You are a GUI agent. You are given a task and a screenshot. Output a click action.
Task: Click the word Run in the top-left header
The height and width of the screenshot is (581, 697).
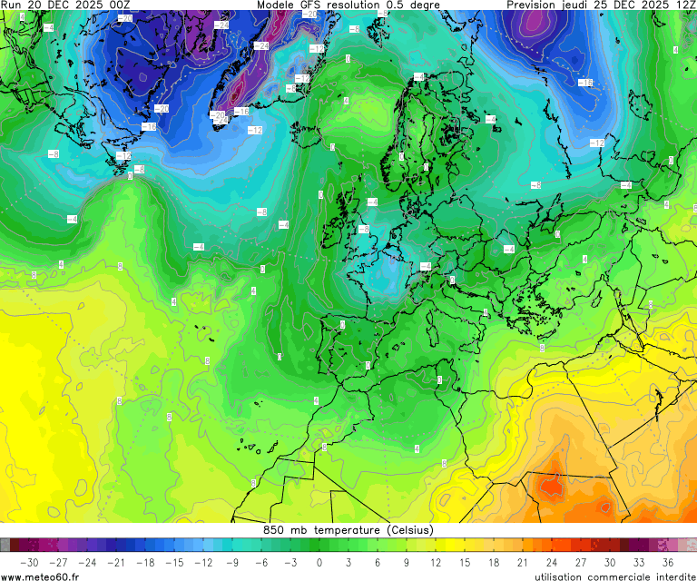tap(13, 5)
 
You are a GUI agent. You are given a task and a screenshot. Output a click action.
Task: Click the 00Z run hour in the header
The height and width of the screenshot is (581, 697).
tap(119, 5)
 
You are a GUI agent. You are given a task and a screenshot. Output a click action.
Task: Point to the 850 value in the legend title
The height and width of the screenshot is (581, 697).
tap(273, 530)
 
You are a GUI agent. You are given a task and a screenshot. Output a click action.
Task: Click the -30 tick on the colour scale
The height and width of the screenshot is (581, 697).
tap(29, 563)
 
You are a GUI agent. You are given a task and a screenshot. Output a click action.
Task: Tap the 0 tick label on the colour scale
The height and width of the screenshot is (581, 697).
tap(319, 563)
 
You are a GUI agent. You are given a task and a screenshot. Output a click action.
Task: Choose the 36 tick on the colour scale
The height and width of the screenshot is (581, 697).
tap(668, 563)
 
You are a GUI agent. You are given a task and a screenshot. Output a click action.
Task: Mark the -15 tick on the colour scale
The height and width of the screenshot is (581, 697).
tap(174, 563)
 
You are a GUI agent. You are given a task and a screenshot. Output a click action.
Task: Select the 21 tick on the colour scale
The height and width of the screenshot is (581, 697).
tap(523, 563)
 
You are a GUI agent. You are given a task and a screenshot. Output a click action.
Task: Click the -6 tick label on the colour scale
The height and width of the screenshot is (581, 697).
tap(261, 563)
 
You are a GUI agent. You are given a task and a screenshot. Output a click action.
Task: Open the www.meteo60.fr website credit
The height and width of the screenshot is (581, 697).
tap(40, 576)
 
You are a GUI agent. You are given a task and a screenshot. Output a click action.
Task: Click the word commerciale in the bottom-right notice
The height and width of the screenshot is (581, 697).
tap(617, 576)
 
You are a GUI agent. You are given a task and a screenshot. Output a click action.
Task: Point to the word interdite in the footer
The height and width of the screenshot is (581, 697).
tap(673, 576)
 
